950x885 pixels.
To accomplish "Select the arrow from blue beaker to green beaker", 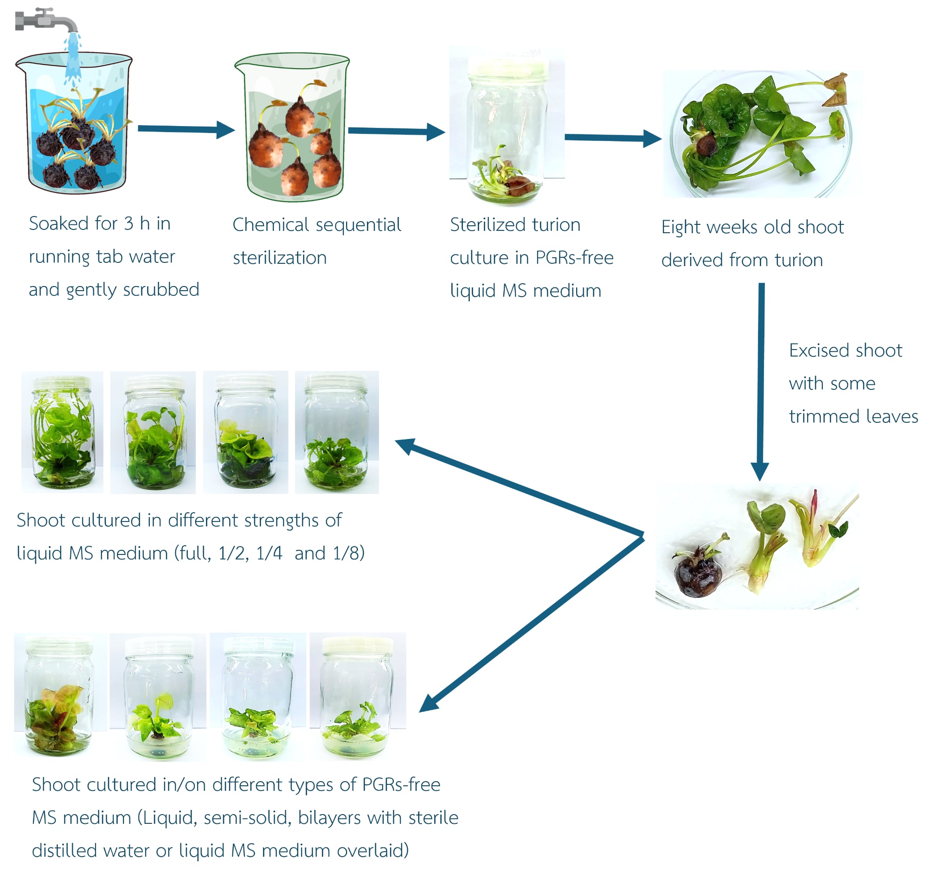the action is point(186,129).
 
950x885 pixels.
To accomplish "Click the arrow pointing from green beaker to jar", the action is point(397,131).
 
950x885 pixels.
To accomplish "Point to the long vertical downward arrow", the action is point(761,382).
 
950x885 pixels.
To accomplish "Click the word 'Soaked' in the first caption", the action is point(59,223).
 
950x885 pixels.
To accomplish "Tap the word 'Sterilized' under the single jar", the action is point(488,224).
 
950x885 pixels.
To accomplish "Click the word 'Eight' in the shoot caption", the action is point(681,228).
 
